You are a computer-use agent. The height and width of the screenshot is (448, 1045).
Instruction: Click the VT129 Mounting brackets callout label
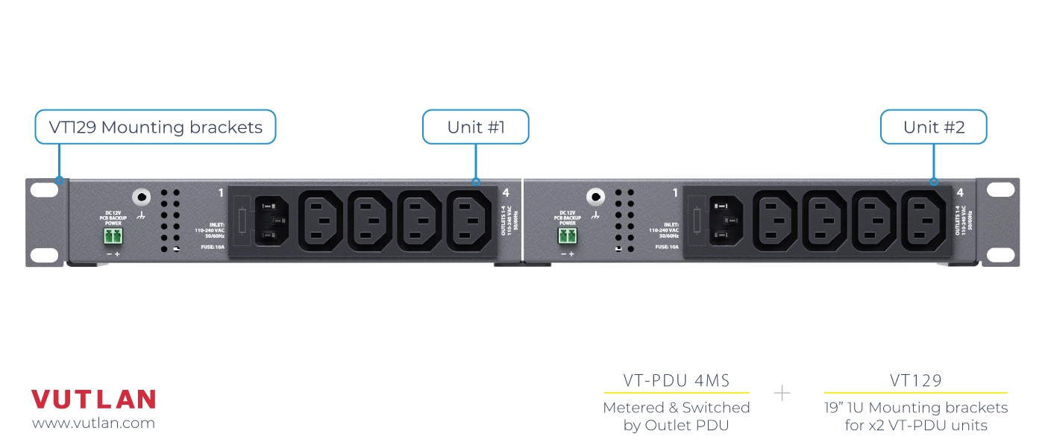point(155,127)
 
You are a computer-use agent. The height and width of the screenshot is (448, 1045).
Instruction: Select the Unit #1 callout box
point(476,127)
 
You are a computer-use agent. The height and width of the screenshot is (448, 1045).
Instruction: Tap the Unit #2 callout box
point(934,127)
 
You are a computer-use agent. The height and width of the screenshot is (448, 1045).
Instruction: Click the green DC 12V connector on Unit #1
point(113,237)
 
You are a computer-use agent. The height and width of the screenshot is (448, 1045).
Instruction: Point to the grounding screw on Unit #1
point(140,198)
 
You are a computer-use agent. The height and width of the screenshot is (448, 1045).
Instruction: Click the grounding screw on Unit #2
point(594,198)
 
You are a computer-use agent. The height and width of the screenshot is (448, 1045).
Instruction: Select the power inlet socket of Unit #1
point(272,221)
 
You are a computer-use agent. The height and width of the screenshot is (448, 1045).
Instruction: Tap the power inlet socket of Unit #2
point(726,221)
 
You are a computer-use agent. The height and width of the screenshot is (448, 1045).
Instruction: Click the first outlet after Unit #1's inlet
point(321,221)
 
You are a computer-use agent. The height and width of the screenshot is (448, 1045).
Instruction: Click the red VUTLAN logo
point(93,400)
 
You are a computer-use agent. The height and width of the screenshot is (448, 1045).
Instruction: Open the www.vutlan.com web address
point(93,423)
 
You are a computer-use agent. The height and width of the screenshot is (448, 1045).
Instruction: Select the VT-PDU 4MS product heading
point(676,381)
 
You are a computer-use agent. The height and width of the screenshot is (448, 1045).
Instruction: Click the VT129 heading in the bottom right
point(915,381)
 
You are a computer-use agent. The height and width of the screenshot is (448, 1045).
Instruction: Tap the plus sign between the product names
point(782,393)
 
